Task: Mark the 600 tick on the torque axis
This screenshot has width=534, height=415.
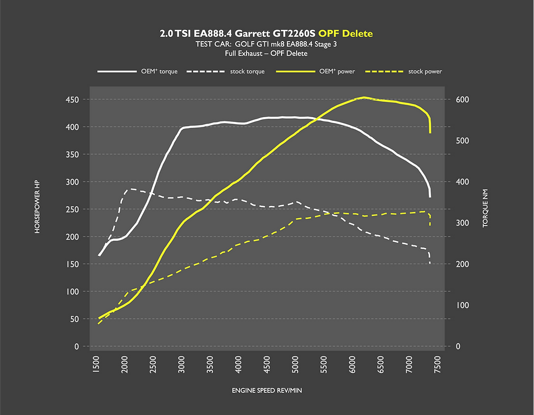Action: click(x=462, y=100)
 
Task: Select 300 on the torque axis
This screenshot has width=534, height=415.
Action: click(x=462, y=223)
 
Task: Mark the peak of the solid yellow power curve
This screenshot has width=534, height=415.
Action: click(x=364, y=98)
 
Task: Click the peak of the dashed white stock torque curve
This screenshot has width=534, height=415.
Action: click(x=131, y=189)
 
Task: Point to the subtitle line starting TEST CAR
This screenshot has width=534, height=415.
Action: click(x=266, y=44)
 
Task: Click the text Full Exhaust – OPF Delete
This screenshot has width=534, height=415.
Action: click(x=266, y=53)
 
